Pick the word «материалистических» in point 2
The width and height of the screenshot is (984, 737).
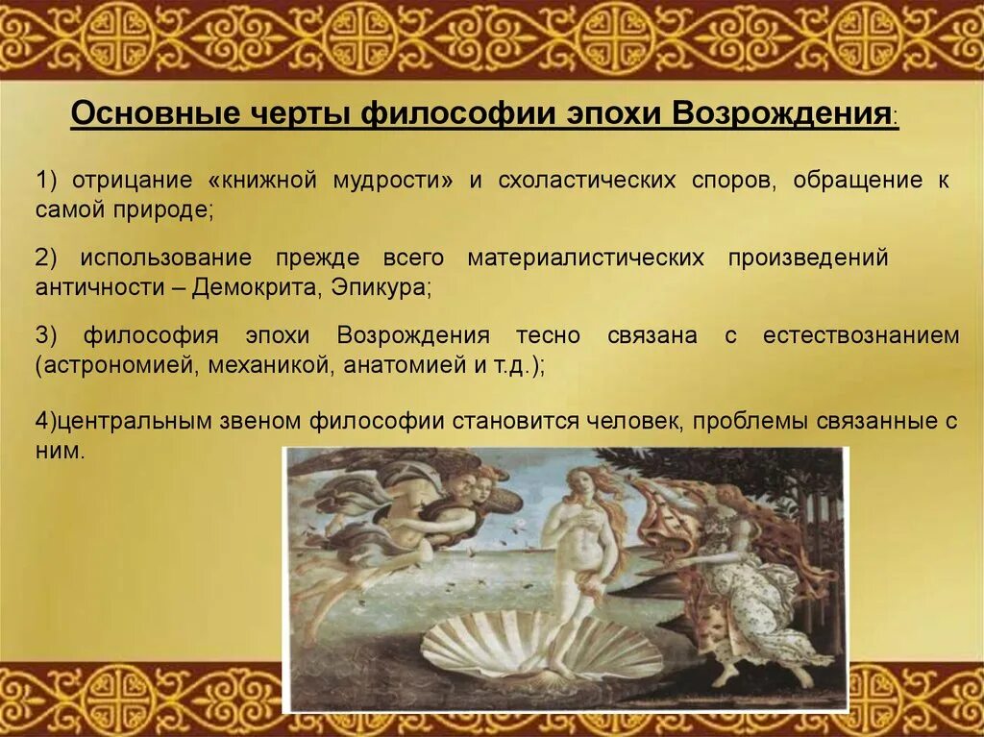tap(585, 258)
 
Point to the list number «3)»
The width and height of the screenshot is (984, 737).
tap(47, 336)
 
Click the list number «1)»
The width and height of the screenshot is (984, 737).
tap(47, 181)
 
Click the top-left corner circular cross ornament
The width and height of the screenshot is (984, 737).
tap(122, 36)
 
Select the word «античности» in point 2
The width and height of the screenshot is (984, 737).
tap(102, 286)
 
